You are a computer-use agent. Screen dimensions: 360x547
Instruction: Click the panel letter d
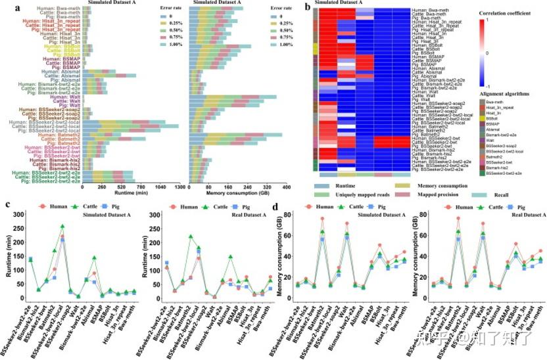coord(283,206)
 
